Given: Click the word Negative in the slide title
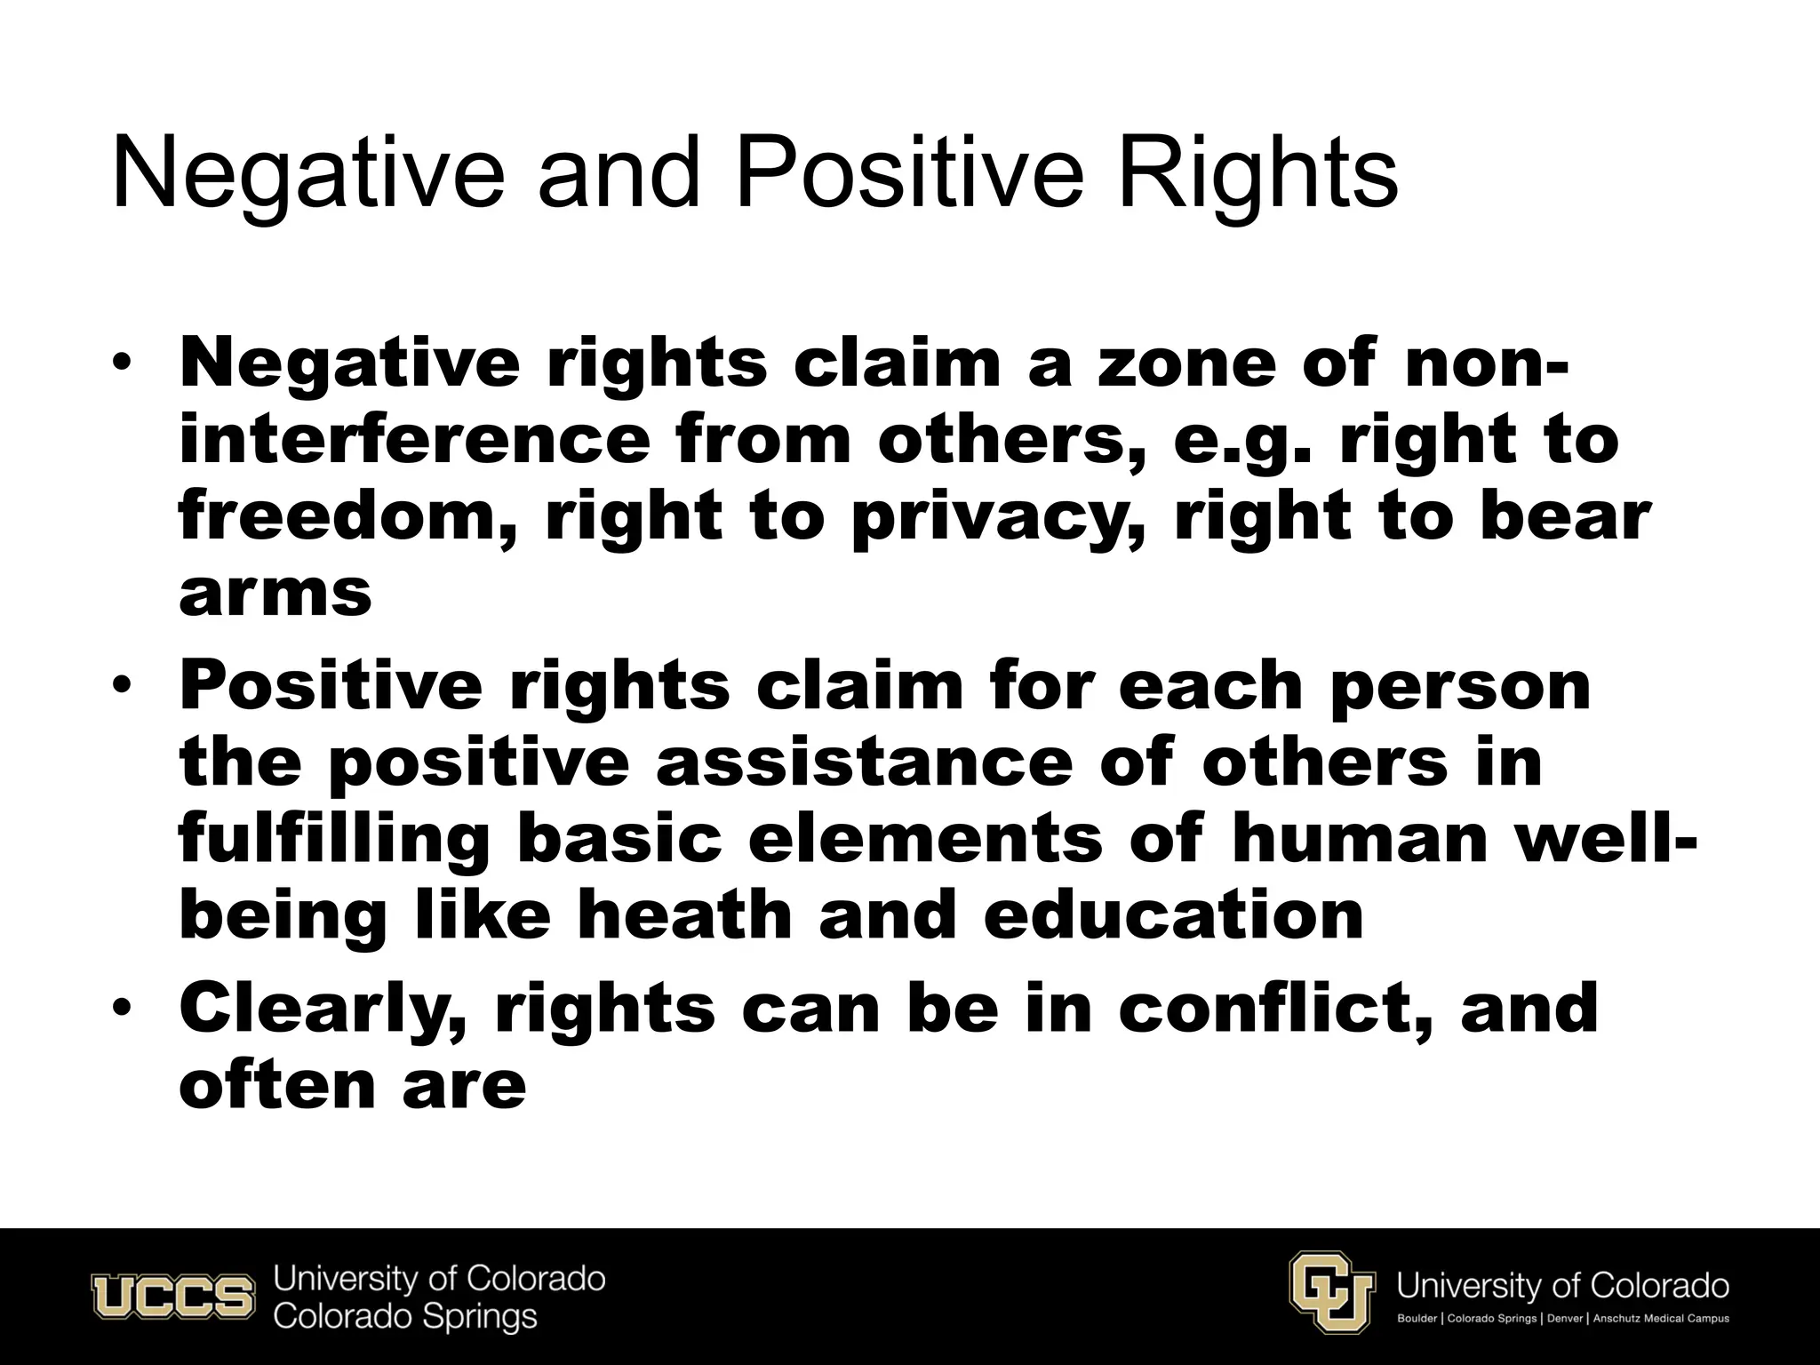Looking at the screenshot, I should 307,174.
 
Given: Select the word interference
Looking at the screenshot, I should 414,441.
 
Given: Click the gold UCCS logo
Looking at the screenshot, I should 172,1297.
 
